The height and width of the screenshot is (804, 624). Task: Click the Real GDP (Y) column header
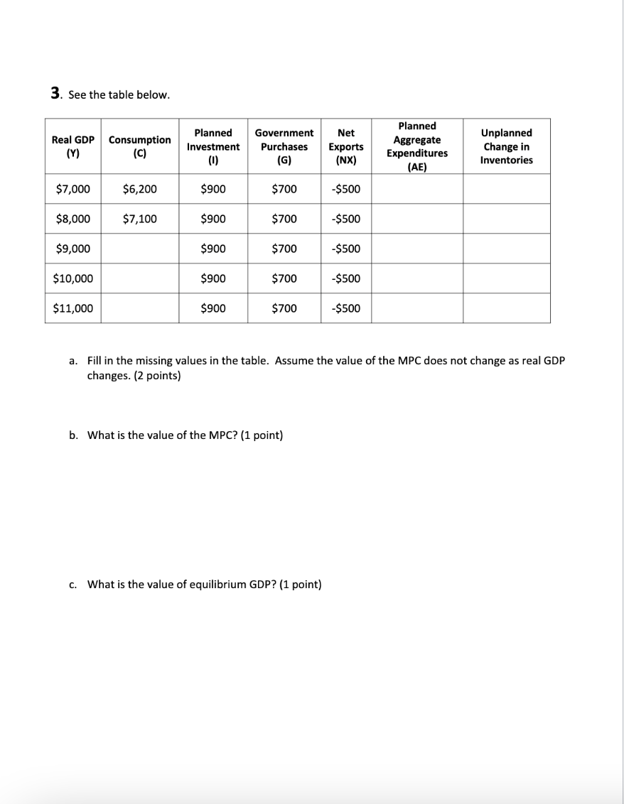(x=72, y=146)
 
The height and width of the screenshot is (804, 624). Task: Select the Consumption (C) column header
(x=139, y=146)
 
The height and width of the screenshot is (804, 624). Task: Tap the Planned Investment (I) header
(x=213, y=146)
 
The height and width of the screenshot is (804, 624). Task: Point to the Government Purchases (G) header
(x=284, y=146)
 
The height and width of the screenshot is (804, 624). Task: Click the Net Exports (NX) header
(x=346, y=146)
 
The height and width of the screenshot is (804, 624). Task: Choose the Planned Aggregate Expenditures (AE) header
(x=417, y=146)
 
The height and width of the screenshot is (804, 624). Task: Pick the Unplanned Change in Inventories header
(x=506, y=146)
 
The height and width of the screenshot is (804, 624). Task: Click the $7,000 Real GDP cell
(x=72, y=189)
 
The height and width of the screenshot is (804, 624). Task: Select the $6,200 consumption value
(x=139, y=189)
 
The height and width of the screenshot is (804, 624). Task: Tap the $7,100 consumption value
(x=139, y=219)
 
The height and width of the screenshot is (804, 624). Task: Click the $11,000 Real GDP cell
(x=72, y=308)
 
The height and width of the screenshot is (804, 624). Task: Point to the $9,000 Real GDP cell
(x=72, y=249)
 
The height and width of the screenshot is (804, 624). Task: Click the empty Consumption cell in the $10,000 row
(x=139, y=278)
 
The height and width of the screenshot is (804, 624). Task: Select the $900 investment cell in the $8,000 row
(x=213, y=219)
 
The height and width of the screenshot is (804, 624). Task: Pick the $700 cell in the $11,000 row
(x=284, y=308)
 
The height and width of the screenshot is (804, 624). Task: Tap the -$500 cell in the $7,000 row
(x=346, y=189)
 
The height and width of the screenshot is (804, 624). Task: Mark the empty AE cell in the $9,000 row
(x=417, y=249)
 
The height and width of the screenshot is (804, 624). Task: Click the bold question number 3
(x=55, y=94)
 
